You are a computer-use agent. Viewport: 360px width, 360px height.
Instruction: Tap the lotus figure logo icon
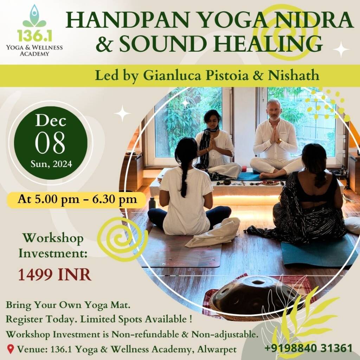coord(34,17)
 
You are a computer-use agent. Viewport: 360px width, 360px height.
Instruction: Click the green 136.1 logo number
coord(34,36)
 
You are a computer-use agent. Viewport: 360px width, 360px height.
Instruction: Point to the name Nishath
coord(294,75)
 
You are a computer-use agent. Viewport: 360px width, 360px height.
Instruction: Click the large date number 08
coord(50,143)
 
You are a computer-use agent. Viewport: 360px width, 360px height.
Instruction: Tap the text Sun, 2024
coord(51,164)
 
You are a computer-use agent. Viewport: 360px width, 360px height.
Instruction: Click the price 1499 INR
coord(54,275)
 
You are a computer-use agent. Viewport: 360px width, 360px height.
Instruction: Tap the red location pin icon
coord(10,349)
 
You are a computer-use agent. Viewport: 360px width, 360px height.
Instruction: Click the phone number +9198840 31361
coord(308,348)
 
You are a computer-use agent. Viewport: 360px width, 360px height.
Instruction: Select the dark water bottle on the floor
coord(152,204)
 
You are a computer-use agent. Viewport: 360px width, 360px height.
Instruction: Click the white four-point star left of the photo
coord(122,113)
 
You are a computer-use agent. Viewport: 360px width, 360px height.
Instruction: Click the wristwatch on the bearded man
coord(279,141)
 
